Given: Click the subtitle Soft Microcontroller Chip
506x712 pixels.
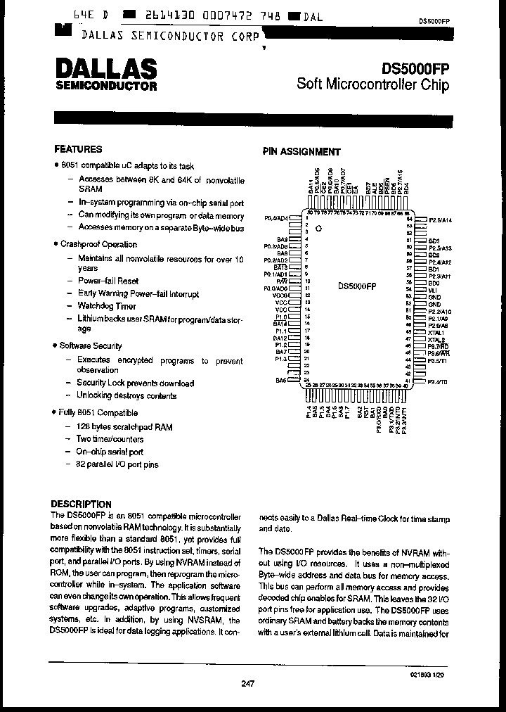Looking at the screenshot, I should [x=372, y=84].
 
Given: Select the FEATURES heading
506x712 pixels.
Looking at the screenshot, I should [x=78, y=149].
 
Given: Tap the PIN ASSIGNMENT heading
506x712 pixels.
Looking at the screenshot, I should [x=301, y=151].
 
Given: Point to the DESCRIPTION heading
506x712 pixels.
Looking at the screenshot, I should [x=82, y=504].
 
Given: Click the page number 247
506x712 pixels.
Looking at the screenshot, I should [x=247, y=683].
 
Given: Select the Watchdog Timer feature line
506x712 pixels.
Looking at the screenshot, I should [x=107, y=306].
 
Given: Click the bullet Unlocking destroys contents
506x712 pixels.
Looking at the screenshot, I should [x=126, y=396].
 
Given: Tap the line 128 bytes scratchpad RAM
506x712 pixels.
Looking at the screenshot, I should [x=124, y=426].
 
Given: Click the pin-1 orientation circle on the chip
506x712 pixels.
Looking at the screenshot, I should [x=318, y=229].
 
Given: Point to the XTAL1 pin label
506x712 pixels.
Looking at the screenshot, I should [x=436, y=333].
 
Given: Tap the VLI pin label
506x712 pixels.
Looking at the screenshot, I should [x=433, y=290].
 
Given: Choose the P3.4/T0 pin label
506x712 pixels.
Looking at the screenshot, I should [x=438, y=381].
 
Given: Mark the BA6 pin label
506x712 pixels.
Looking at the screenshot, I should [x=281, y=381].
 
